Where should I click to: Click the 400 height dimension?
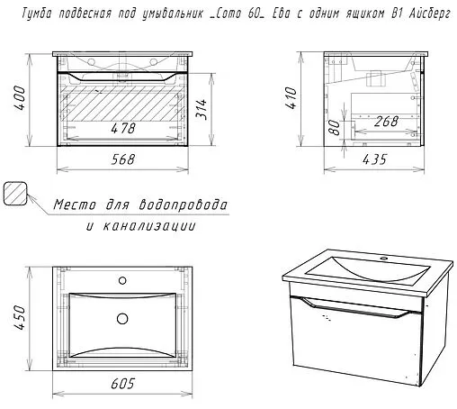pos(20,98)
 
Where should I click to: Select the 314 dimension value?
pos(202,109)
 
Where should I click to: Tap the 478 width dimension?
pos(123,128)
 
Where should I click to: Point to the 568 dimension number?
pos(123,159)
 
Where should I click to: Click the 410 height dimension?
pos(291,97)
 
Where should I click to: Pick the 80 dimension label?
pos(335,127)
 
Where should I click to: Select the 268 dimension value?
pos(386,122)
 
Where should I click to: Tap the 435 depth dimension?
pos(375,159)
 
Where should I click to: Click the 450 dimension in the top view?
pos(20,317)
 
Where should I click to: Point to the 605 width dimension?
pos(123,384)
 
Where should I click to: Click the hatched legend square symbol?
pos(15,194)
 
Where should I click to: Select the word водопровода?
pos(184,204)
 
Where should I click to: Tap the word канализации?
pos(149,225)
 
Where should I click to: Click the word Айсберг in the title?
pos(430,14)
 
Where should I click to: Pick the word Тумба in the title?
pos(37,14)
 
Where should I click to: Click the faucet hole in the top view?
pos(122,281)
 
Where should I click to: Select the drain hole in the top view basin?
pos(122,319)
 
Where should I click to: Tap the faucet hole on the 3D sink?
pos(383,258)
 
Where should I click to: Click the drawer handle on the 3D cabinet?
pos(355,307)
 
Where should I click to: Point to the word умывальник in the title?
pos(173,14)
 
